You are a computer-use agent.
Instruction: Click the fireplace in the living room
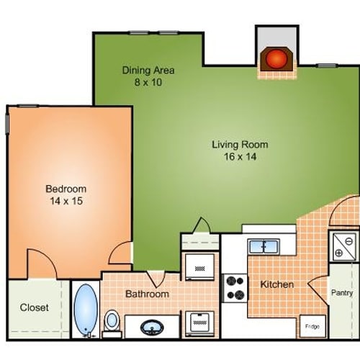(x=276, y=58)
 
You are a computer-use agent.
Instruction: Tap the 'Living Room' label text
(x=235, y=144)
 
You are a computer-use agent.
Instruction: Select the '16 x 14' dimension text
(x=235, y=156)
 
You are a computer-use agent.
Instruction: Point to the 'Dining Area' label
(x=148, y=71)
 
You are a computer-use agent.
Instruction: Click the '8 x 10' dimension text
(x=148, y=82)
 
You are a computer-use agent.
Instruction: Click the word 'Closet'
(x=35, y=307)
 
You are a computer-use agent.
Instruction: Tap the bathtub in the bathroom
(x=86, y=310)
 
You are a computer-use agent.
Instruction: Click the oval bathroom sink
(x=152, y=328)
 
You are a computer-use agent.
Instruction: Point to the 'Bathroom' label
(x=147, y=294)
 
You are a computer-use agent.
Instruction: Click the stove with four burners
(x=234, y=287)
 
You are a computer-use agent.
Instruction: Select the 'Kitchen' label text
(x=277, y=284)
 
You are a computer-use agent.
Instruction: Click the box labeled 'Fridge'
(x=312, y=326)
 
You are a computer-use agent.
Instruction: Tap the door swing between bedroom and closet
(x=41, y=264)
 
